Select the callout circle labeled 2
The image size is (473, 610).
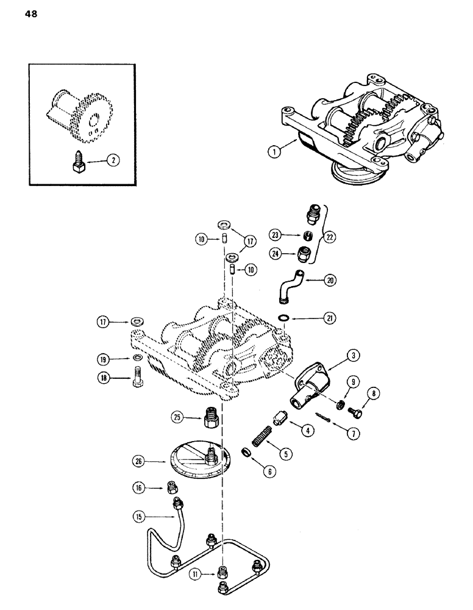click(x=112, y=161)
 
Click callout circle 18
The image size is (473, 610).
click(x=107, y=378)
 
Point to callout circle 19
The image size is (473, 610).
click(x=107, y=358)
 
